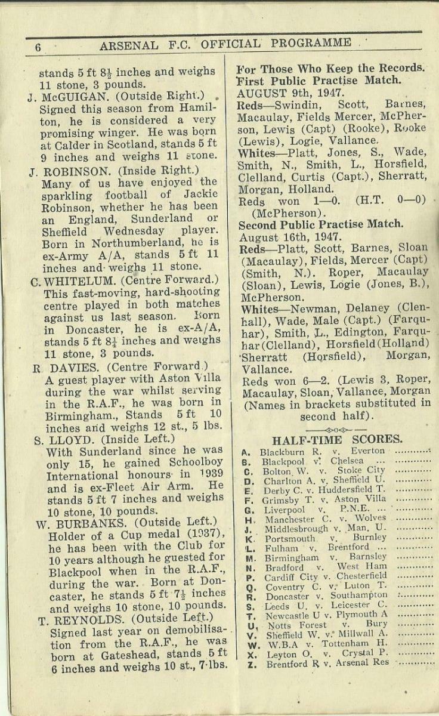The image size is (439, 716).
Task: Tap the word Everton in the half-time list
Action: (367, 452)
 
